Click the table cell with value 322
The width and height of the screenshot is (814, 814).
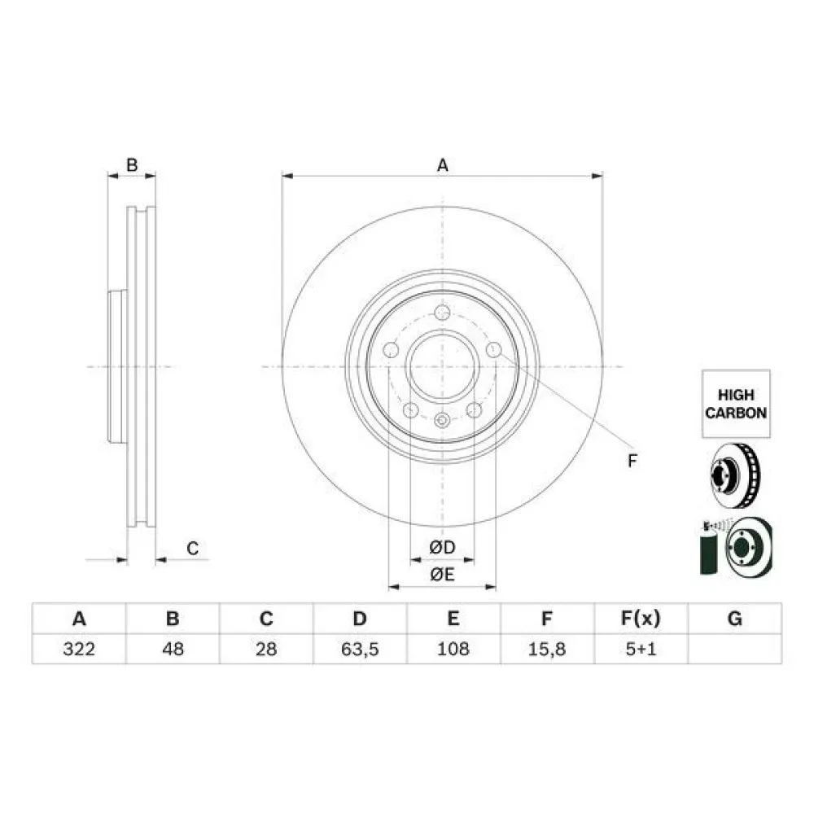79,649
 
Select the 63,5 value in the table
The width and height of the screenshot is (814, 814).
361,649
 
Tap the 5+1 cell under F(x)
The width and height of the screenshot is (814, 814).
641,649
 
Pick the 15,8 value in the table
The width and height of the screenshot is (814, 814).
547,649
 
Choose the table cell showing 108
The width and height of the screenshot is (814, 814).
453,649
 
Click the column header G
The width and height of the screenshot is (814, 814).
735,619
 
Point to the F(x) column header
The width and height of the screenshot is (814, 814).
641,619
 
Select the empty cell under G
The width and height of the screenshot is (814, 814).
735,649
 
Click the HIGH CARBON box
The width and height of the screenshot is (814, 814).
736,404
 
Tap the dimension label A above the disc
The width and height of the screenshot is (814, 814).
442,165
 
